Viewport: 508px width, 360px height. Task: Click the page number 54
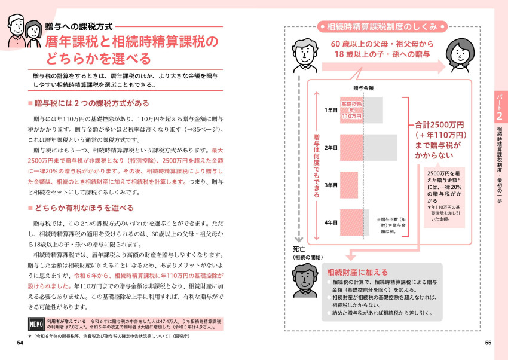point(20,343)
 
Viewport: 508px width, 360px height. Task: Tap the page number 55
point(488,343)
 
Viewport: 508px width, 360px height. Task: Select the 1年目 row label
point(331,111)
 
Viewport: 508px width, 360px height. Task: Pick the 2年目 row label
point(331,147)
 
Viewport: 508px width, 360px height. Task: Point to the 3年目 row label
point(331,185)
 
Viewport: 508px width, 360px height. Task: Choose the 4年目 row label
point(331,222)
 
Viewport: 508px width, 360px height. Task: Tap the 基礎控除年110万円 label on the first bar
point(352,111)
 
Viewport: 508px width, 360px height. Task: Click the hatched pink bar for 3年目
point(350,185)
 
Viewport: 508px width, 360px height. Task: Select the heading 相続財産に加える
point(357,272)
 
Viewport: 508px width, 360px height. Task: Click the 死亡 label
point(299,249)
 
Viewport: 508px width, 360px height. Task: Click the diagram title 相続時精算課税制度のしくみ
point(382,26)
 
